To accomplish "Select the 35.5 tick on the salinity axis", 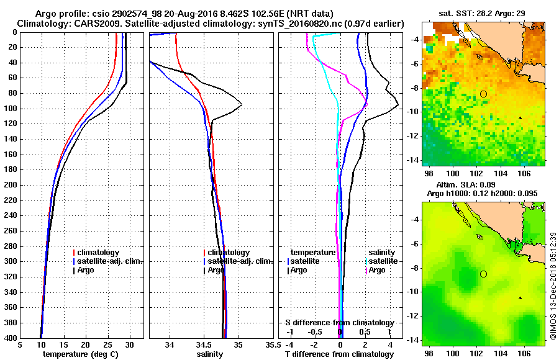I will click(x=270, y=345).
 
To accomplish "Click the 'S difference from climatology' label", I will click(x=339, y=323).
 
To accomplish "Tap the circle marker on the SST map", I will click(x=483, y=94).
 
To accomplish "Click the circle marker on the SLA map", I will click(x=483, y=274).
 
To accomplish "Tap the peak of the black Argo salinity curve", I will click(x=241, y=104).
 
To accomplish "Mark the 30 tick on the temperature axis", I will click(x=129, y=345).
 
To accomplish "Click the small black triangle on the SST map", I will click(x=520, y=117).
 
